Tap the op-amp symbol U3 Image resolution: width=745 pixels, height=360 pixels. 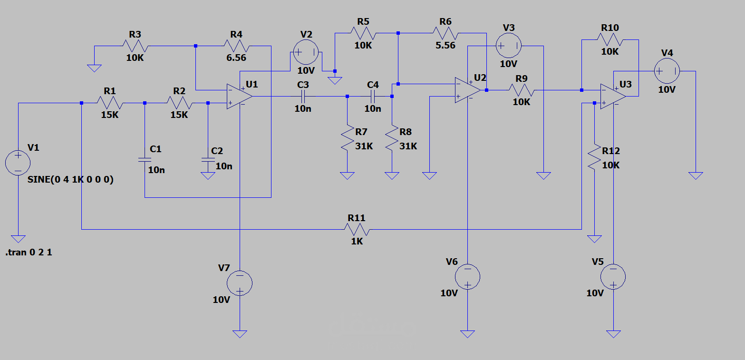(x=613, y=96)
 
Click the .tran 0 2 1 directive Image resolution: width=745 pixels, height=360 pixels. (x=29, y=253)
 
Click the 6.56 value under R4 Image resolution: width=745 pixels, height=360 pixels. (x=236, y=58)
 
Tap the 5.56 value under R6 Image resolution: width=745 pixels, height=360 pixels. (x=445, y=45)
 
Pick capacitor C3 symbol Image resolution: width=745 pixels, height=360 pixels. (x=303, y=96)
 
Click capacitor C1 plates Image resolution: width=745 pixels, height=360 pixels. (x=145, y=160)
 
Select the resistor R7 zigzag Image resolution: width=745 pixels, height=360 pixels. (x=348, y=138)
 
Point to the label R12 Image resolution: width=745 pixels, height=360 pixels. (x=610, y=151)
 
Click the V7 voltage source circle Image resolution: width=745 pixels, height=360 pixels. (x=240, y=283)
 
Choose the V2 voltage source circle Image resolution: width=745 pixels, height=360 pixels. (x=306, y=52)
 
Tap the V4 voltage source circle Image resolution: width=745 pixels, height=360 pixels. (x=667, y=71)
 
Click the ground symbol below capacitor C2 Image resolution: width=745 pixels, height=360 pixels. (x=208, y=176)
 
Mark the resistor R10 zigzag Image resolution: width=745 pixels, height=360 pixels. (x=610, y=40)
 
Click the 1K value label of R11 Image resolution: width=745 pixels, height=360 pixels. (x=357, y=241)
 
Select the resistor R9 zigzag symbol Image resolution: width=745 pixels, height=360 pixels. (x=522, y=90)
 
